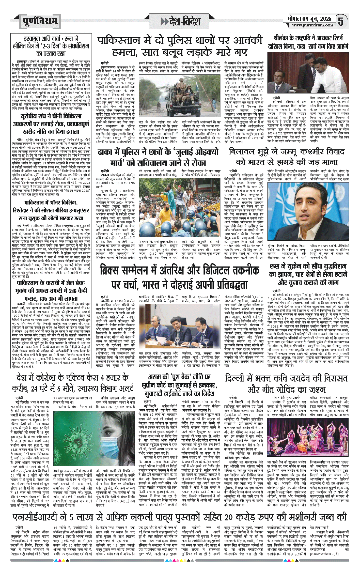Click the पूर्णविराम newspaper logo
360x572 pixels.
click(39, 21)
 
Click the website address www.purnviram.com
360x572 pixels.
click(312, 25)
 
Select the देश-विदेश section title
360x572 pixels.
click(181, 21)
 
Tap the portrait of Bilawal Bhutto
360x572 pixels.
click(308, 211)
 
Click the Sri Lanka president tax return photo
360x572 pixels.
click(308, 73)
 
